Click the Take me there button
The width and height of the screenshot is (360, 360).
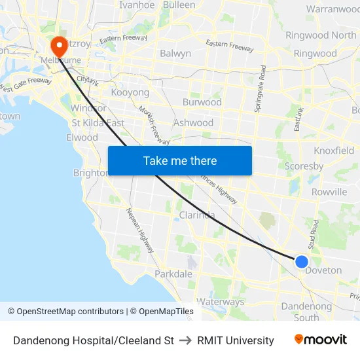click(179, 160)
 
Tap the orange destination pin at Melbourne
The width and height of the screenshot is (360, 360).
click(59, 46)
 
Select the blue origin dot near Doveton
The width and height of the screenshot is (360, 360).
click(301, 262)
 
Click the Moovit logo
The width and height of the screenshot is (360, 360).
click(320, 340)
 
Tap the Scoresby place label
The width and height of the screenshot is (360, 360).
click(304, 166)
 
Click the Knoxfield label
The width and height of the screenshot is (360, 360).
click(334, 151)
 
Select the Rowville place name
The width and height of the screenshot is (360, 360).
click(329, 192)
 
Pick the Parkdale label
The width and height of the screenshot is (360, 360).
click(173, 274)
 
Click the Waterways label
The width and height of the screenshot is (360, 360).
click(221, 302)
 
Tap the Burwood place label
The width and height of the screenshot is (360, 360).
click(202, 102)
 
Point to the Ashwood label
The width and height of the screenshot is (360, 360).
click(193, 122)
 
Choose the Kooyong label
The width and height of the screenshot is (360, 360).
click(130, 92)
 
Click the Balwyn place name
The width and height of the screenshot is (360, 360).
click(175, 54)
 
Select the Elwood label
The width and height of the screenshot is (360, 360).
click(82, 137)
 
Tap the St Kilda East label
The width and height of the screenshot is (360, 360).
click(98, 122)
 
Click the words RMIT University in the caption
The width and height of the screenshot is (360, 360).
click(236, 340)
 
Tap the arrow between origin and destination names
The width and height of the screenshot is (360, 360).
click(185, 340)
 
